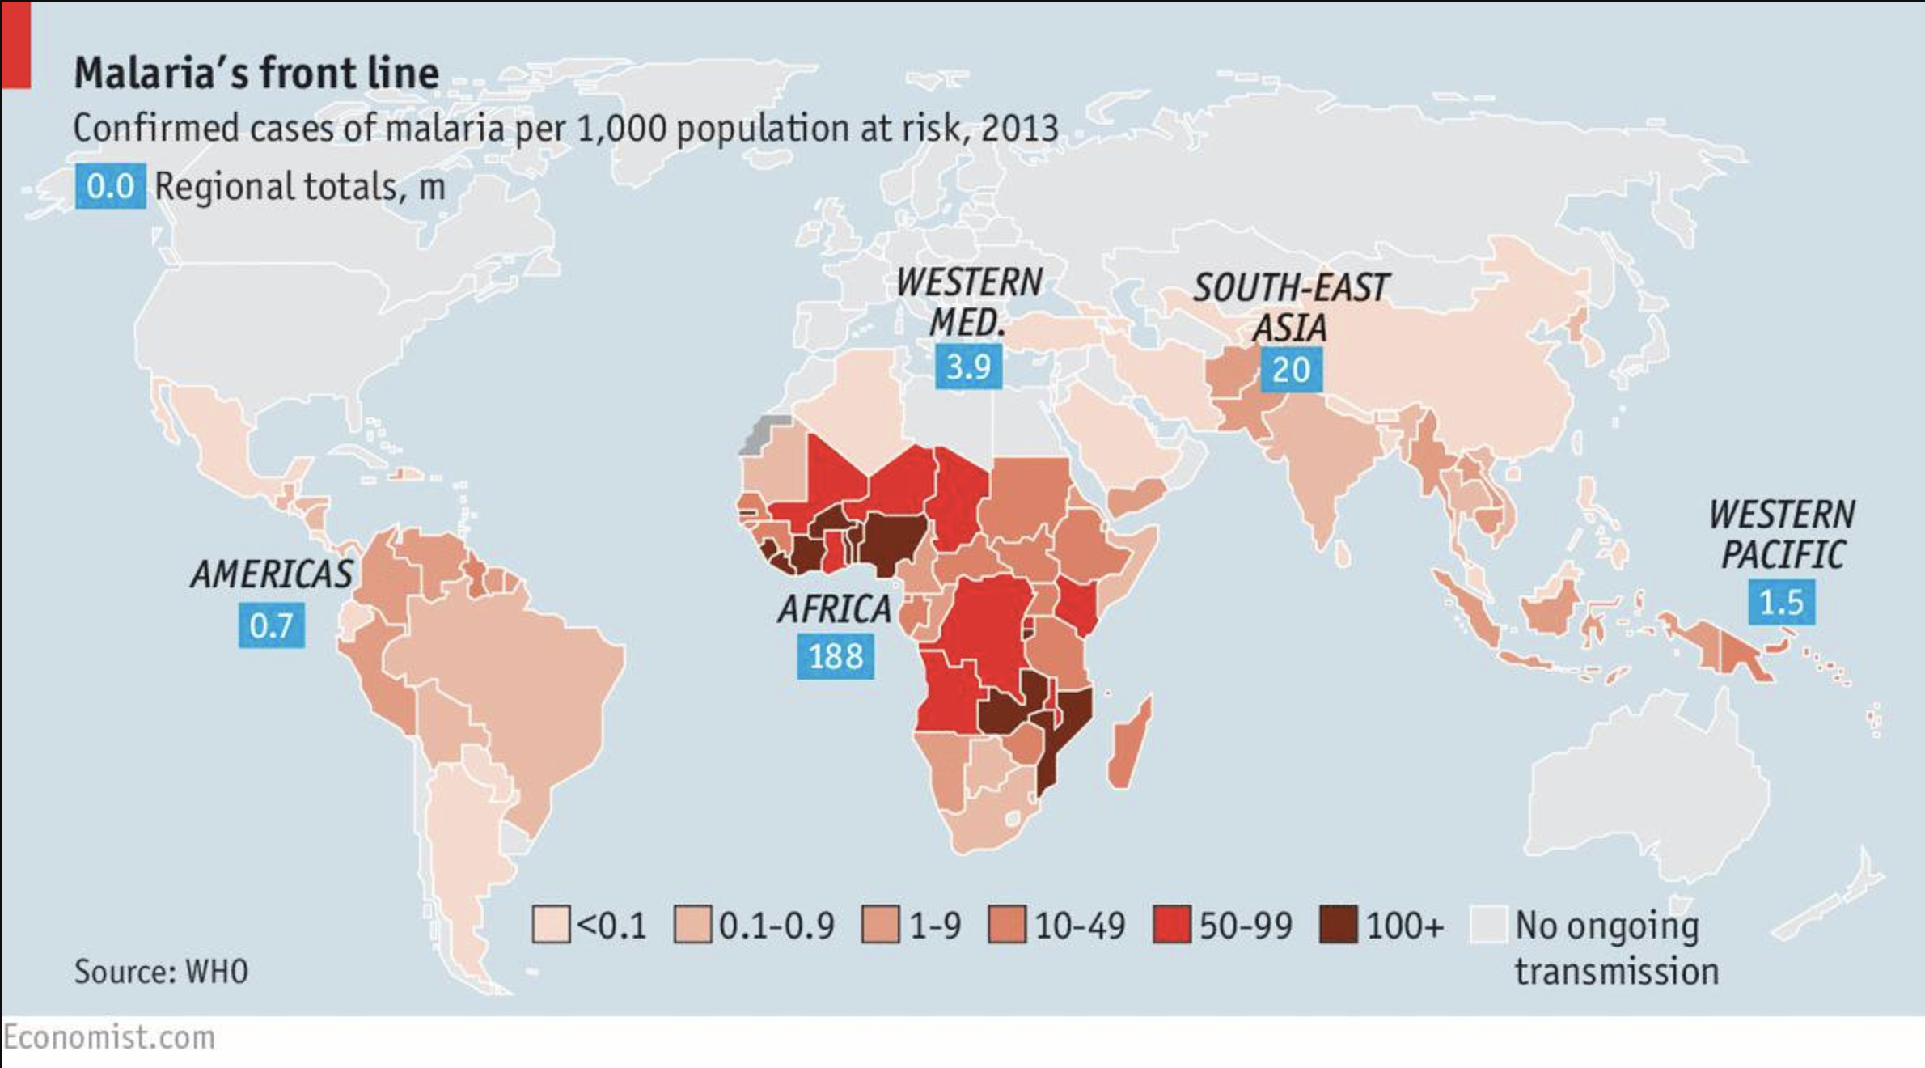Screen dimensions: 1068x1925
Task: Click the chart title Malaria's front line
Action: point(256,73)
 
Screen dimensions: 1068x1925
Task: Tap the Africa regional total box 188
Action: point(836,656)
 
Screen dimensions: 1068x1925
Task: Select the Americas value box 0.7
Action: point(271,625)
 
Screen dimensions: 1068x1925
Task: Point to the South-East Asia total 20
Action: point(1291,370)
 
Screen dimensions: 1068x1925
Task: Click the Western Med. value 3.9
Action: point(968,367)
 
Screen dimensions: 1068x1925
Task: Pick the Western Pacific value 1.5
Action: point(1781,603)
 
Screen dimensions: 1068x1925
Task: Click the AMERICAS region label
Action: point(272,574)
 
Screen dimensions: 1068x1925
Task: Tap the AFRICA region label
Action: point(835,609)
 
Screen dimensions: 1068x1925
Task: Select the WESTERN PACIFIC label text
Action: point(1782,535)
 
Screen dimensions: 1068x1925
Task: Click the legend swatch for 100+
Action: point(1338,925)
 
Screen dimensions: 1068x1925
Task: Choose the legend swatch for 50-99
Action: point(1171,925)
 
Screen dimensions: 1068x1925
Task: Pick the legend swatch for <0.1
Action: point(550,925)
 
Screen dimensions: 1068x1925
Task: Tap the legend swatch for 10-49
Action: point(1007,925)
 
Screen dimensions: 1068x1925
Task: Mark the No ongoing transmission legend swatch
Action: point(1488,925)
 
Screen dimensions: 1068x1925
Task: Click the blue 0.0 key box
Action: point(110,186)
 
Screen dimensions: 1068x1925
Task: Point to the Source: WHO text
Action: point(161,972)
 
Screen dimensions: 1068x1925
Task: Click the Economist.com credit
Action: point(109,1038)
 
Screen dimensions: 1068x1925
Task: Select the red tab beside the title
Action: point(15,44)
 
